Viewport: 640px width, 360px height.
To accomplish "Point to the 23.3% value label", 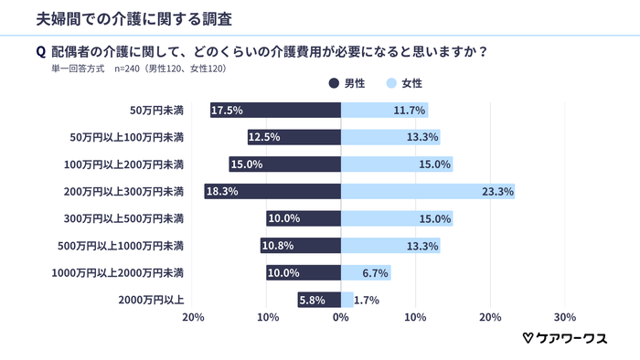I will tap(497, 192).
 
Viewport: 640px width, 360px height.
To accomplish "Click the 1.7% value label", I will tap(367, 300).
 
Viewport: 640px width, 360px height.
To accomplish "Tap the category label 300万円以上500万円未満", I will tap(133, 219).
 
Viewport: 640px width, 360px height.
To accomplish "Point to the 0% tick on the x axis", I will tap(341, 318).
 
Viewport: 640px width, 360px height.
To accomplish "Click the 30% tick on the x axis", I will tap(564, 318).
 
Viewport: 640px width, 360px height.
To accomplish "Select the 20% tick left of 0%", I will tap(193, 318).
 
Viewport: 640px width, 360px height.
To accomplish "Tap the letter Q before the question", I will tap(40, 51).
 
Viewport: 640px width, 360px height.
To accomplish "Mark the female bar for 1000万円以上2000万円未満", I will tap(366, 273).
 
